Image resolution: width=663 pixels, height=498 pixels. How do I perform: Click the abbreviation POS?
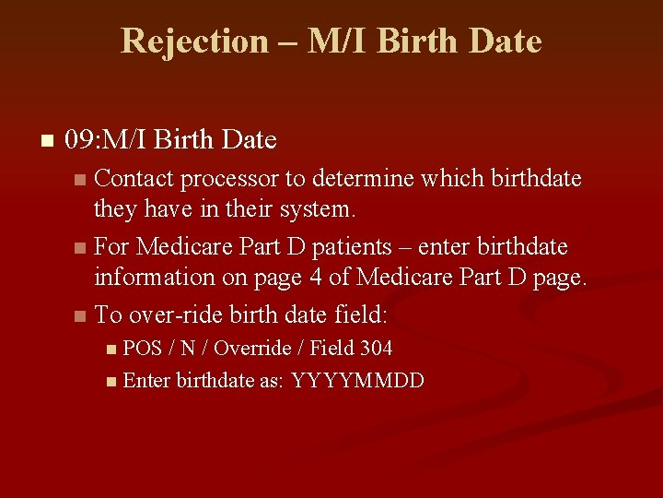(142, 349)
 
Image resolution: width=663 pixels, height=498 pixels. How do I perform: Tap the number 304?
(376, 349)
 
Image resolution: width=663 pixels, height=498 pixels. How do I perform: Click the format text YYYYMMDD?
(357, 381)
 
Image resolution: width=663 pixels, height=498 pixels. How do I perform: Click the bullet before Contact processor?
(81, 179)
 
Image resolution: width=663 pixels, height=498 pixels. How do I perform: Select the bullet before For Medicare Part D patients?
(81, 248)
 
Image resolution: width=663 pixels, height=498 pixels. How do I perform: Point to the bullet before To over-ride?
(81, 316)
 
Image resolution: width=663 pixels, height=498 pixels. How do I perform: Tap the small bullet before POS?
(111, 350)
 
